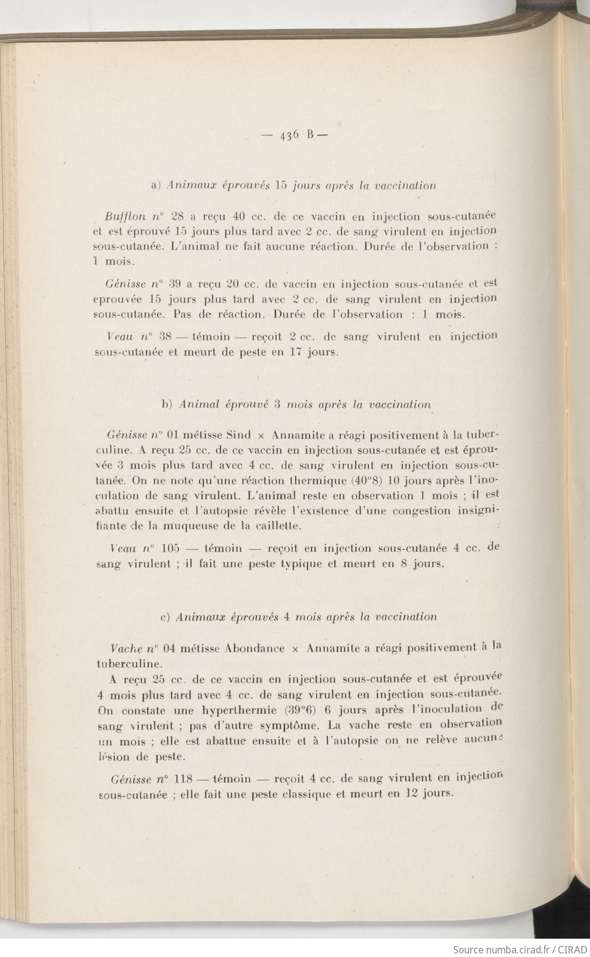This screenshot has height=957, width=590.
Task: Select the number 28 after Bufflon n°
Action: coord(178,216)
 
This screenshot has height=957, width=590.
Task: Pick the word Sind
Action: coord(238,435)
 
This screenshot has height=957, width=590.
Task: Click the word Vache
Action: coord(126,648)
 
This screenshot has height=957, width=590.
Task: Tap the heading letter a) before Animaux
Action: coord(155,185)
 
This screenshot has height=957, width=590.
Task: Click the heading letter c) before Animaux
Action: coord(164,617)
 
